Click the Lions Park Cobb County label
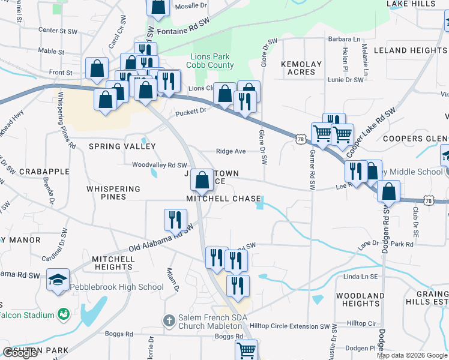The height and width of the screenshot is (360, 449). click(212, 61)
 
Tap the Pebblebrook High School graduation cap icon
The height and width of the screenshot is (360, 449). click(58, 280)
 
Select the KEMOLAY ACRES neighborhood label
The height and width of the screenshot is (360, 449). click(301, 68)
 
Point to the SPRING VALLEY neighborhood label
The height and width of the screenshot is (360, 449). click(122, 146)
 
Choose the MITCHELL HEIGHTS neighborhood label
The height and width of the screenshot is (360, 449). click(113, 263)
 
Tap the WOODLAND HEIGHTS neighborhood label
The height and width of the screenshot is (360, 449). click(360, 300)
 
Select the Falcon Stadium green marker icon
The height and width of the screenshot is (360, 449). click(62, 314)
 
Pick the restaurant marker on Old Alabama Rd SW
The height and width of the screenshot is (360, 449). click(175, 220)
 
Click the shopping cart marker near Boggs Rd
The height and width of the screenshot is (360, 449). click(246, 350)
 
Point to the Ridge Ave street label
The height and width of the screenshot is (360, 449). click(231, 151)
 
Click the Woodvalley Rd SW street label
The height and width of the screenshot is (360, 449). click(160, 165)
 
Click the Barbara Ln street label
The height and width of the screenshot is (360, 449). click(348, 40)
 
